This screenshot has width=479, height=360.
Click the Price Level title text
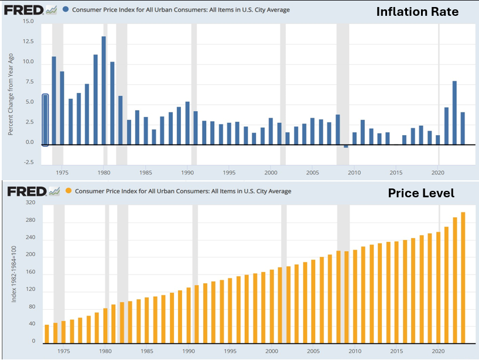point(421,193)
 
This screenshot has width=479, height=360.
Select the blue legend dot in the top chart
point(66,10)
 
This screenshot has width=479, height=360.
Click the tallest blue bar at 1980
point(104,91)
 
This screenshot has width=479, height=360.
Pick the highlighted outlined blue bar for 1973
point(46,120)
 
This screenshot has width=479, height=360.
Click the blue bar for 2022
point(454,113)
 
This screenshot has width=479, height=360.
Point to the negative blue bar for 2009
point(346,146)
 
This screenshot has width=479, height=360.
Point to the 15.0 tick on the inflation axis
point(28,21)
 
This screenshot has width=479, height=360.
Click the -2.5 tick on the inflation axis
point(28,162)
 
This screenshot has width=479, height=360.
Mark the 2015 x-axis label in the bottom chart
point(397,352)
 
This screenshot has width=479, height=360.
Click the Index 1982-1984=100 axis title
point(13,274)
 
